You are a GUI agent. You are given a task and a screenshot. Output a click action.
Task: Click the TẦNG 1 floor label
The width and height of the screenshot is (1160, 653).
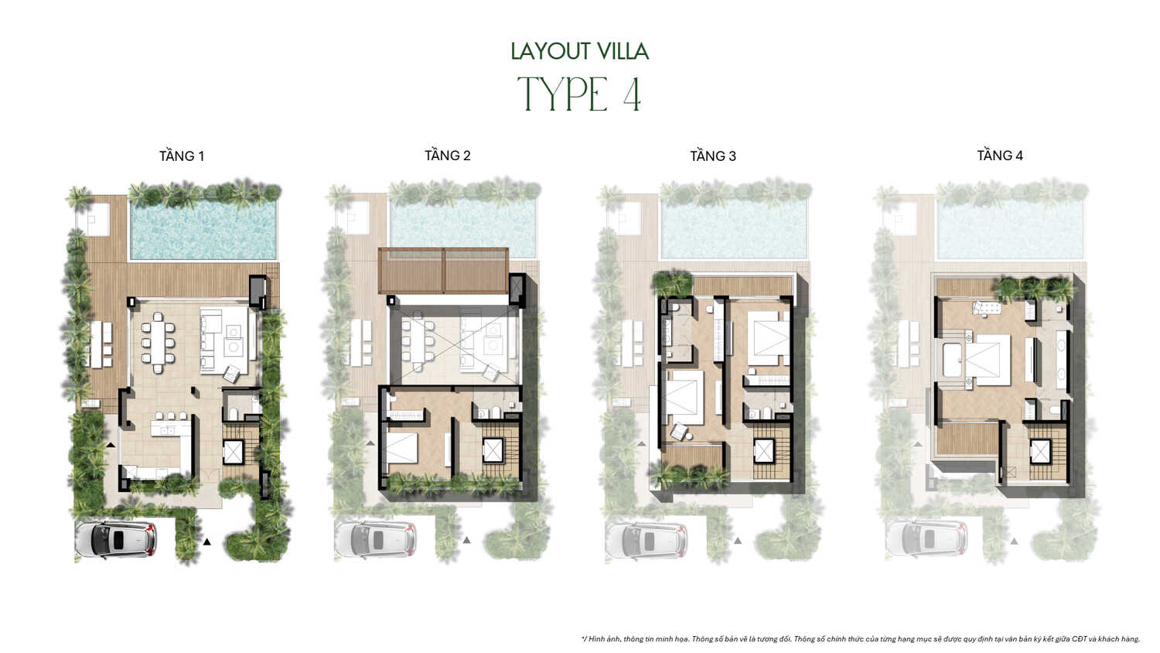pos(182,156)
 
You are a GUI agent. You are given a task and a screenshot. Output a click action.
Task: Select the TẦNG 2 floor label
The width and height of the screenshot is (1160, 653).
pos(447,156)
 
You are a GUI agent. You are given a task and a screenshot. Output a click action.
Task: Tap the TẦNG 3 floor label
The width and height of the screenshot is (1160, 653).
pos(713,156)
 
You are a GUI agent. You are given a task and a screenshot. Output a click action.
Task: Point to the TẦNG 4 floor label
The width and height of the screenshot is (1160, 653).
pos(999,156)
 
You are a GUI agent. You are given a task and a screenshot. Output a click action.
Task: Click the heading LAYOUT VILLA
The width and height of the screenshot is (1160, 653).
pos(579,52)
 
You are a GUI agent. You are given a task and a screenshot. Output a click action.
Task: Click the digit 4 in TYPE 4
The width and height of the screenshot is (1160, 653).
pos(631,95)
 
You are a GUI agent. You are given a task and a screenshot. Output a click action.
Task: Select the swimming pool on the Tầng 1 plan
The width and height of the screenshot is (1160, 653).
pos(203,231)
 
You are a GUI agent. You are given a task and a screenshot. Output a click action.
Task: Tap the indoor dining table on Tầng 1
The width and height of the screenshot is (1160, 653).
pos(159,342)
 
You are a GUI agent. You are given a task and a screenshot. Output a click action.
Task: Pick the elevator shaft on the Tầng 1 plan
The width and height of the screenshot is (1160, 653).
pos(234,452)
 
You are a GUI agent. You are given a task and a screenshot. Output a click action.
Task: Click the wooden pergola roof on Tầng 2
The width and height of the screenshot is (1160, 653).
pos(443,270)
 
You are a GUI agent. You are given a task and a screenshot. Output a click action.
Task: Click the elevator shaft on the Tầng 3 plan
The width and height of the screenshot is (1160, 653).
pos(764,450)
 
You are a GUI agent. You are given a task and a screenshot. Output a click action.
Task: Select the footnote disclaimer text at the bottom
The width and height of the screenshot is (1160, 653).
pos(860,639)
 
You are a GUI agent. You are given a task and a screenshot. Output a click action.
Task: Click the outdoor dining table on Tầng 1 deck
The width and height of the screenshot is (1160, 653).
pos(101,344)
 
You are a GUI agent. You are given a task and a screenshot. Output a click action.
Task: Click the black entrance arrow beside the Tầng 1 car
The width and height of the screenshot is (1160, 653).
pos(206,542)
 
